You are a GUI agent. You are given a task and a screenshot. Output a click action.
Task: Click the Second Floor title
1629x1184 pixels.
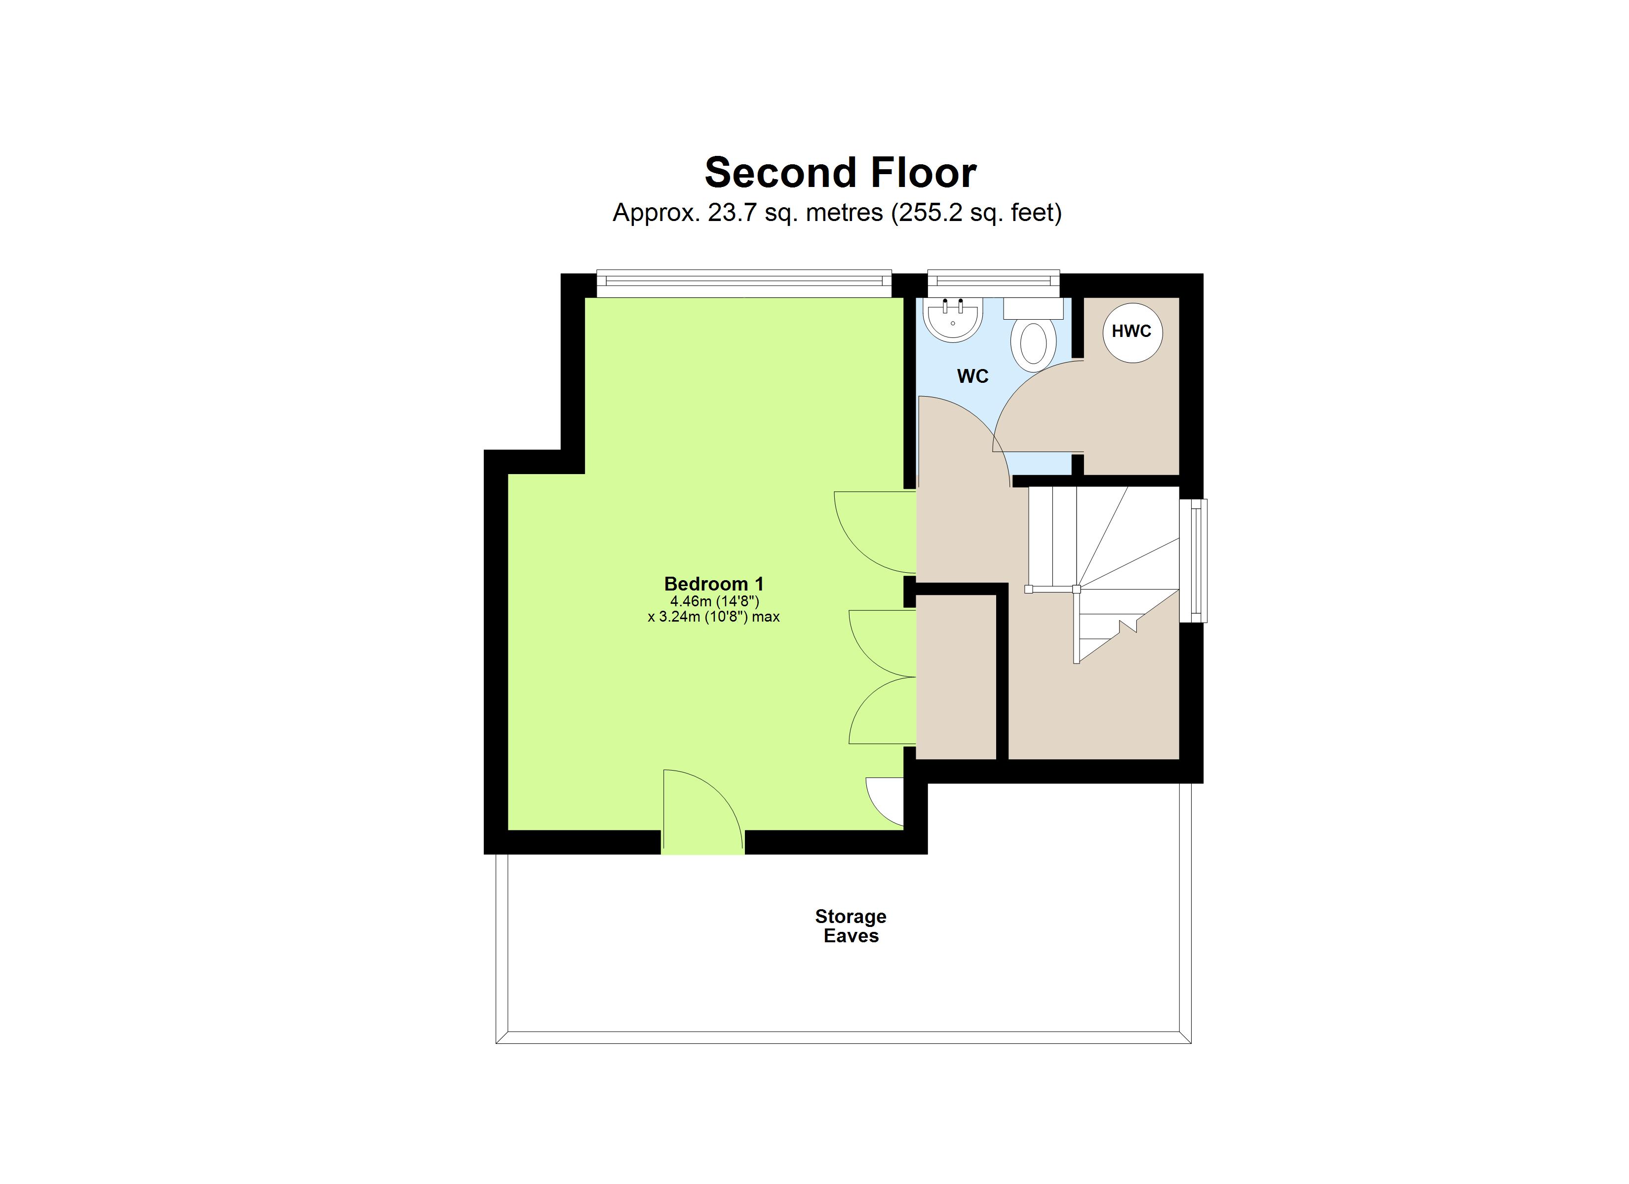pos(840,173)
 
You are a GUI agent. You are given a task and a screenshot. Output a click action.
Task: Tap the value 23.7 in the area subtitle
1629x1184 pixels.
pos(733,213)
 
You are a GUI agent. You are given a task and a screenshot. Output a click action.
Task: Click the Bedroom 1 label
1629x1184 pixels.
pos(713,584)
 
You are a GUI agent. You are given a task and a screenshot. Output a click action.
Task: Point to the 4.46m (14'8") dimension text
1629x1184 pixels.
pos(714,601)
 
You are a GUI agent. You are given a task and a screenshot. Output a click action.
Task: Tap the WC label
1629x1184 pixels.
pos(972,376)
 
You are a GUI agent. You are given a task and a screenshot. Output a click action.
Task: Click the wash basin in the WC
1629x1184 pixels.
pos(952,320)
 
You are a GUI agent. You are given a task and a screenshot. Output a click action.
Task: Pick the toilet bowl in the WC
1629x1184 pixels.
pos(1034,344)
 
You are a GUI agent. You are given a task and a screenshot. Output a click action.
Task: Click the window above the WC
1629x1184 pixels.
pos(993,282)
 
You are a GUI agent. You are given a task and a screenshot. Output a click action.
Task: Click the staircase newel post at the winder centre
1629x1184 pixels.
pos(1076,590)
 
